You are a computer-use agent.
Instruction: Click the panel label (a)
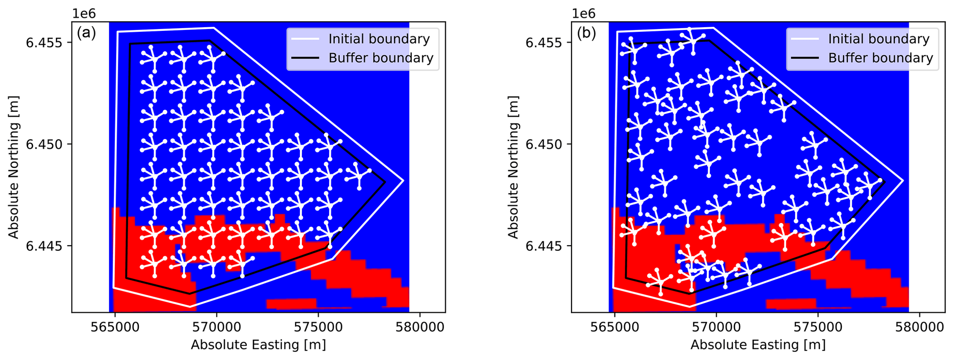(86, 33)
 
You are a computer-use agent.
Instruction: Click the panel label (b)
(586, 33)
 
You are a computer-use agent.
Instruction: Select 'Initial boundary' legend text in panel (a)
(379, 39)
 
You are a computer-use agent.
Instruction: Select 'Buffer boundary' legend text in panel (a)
(381, 58)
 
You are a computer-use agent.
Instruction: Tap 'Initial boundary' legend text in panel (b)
(879, 39)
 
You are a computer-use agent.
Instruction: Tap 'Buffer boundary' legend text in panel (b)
(881, 58)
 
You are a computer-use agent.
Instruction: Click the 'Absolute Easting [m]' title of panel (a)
(258, 345)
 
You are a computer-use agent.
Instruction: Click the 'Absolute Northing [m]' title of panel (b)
(513, 167)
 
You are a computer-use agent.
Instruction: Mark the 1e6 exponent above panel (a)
(83, 13)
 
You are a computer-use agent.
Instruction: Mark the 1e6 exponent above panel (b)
(583, 13)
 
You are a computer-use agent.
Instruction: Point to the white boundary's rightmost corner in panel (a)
(404, 180)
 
